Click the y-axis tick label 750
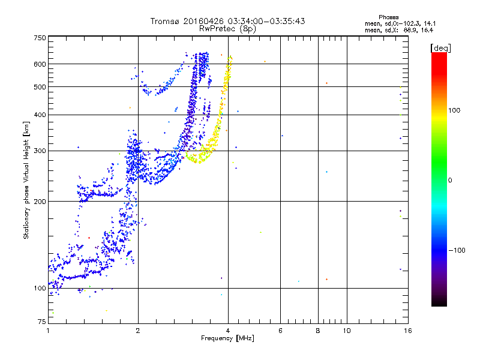(x=40, y=38)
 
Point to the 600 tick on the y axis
(x=40, y=64)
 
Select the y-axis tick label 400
(x=40, y=115)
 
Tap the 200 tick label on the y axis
(x=40, y=201)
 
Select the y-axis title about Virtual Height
(x=26, y=180)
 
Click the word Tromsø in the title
(x=166, y=21)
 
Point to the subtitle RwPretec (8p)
(x=228, y=28)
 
